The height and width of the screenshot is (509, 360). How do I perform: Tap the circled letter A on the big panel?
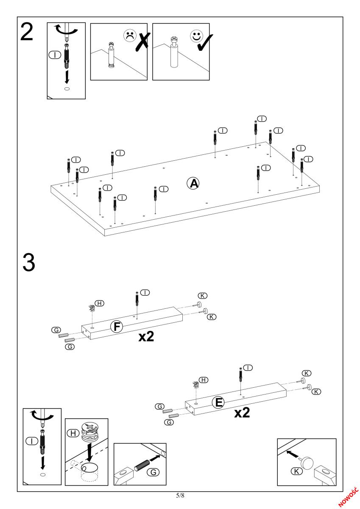point(193,183)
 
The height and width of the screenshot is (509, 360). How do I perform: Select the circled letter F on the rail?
point(116,326)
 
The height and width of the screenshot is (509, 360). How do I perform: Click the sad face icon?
point(129,36)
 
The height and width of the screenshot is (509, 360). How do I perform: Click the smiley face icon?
point(196,36)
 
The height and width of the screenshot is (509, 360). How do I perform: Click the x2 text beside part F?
point(146,337)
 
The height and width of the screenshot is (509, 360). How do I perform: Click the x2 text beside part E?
point(242,412)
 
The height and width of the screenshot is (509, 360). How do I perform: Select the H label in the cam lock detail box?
point(73,433)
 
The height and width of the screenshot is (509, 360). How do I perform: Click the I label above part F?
point(145,293)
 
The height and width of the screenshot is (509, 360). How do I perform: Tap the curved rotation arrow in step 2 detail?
point(66,30)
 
